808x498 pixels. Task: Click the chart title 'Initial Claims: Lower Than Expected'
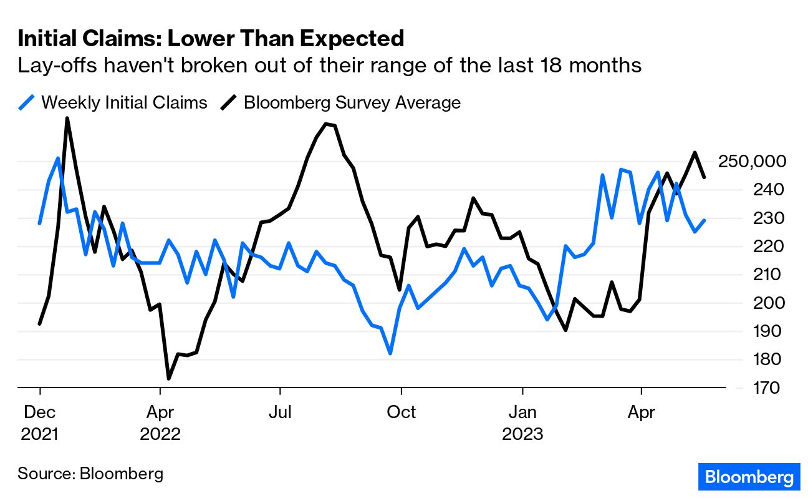pyautogui.click(x=211, y=39)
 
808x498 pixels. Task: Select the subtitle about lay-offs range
pyautogui.click(x=329, y=65)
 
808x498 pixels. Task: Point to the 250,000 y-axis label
pyautogui.click(x=753, y=162)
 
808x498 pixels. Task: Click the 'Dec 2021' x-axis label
pyautogui.click(x=39, y=422)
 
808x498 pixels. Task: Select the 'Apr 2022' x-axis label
pyautogui.click(x=160, y=422)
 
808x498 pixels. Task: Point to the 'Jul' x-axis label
pyautogui.click(x=280, y=413)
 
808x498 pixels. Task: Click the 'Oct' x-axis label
pyautogui.click(x=402, y=413)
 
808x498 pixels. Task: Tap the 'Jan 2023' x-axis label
pyautogui.click(x=522, y=422)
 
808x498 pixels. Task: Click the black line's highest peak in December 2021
pyautogui.click(x=67, y=118)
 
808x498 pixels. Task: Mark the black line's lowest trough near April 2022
pyautogui.click(x=169, y=378)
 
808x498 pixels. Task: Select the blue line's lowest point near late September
pyautogui.click(x=390, y=354)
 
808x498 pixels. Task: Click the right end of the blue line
pyautogui.click(x=704, y=220)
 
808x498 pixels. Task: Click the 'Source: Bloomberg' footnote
pyautogui.click(x=90, y=473)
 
